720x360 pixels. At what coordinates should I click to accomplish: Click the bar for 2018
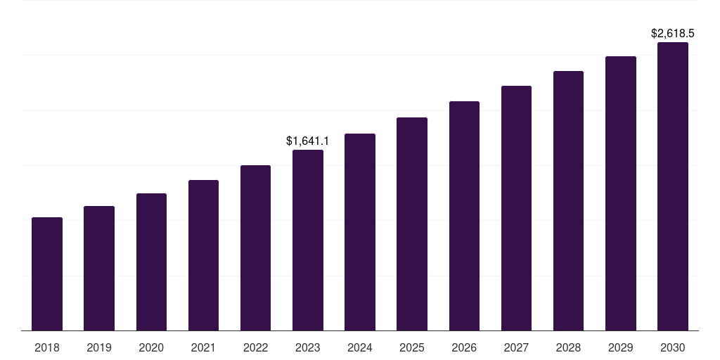47,274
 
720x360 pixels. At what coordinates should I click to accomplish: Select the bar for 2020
151,262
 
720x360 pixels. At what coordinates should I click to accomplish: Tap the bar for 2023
308,240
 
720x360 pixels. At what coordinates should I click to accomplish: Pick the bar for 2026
464,216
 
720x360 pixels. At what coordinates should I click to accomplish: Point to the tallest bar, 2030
673,186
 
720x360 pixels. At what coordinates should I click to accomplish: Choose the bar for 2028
568,200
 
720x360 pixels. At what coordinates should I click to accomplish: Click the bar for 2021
203,255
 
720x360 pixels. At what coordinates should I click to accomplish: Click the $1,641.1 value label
308,141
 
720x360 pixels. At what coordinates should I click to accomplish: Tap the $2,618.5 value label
673,33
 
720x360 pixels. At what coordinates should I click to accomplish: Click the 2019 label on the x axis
99,347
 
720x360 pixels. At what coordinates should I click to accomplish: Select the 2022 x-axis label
255,347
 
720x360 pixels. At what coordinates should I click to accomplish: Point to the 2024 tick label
360,347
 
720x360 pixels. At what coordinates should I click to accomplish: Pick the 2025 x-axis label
412,347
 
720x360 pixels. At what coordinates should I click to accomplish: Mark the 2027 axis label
516,347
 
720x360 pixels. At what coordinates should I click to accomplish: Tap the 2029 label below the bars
621,347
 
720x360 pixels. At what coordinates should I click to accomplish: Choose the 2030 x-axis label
673,347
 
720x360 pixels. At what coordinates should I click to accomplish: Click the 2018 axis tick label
47,347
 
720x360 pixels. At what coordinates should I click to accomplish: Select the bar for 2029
621,193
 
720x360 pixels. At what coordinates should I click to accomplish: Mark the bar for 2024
360,232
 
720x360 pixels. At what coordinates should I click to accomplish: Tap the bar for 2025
412,224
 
